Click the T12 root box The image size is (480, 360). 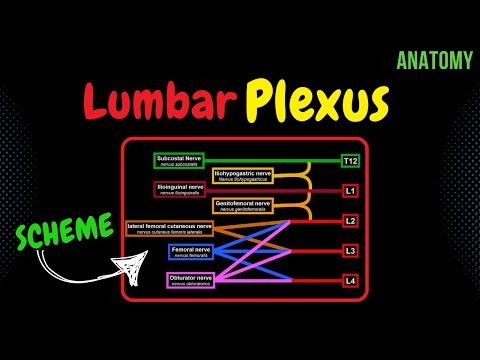(350, 160)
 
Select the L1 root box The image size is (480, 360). (350, 189)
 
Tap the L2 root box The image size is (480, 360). (350, 220)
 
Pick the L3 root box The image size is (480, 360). (350, 250)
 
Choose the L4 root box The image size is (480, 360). (350, 280)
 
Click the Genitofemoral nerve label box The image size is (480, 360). (243, 205)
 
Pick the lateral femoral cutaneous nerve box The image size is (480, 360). (170, 229)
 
